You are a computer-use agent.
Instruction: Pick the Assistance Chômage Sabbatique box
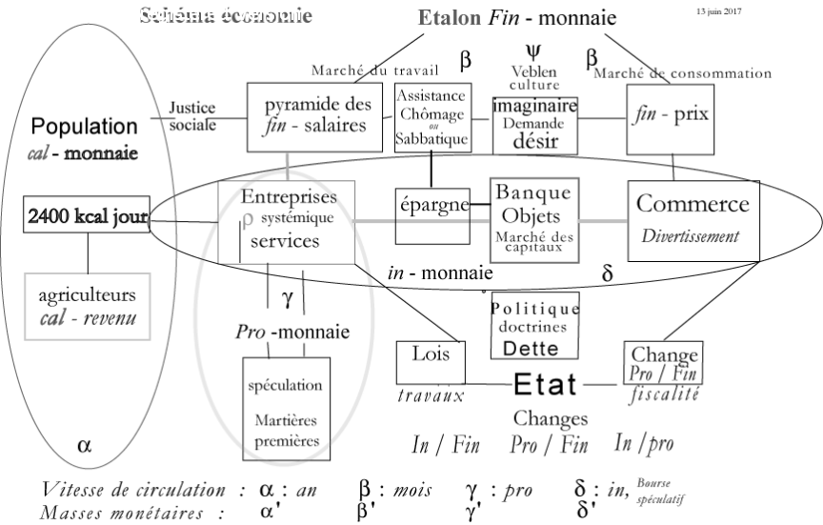point(432,118)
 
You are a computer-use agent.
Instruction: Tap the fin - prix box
point(672,116)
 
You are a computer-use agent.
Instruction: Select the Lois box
point(432,359)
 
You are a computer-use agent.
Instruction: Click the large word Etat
point(545,384)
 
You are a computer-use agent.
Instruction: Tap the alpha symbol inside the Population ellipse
point(84,444)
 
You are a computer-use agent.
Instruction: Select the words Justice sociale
point(193,115)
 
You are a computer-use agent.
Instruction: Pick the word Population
point(82,126)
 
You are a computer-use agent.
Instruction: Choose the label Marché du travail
point(374,71)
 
